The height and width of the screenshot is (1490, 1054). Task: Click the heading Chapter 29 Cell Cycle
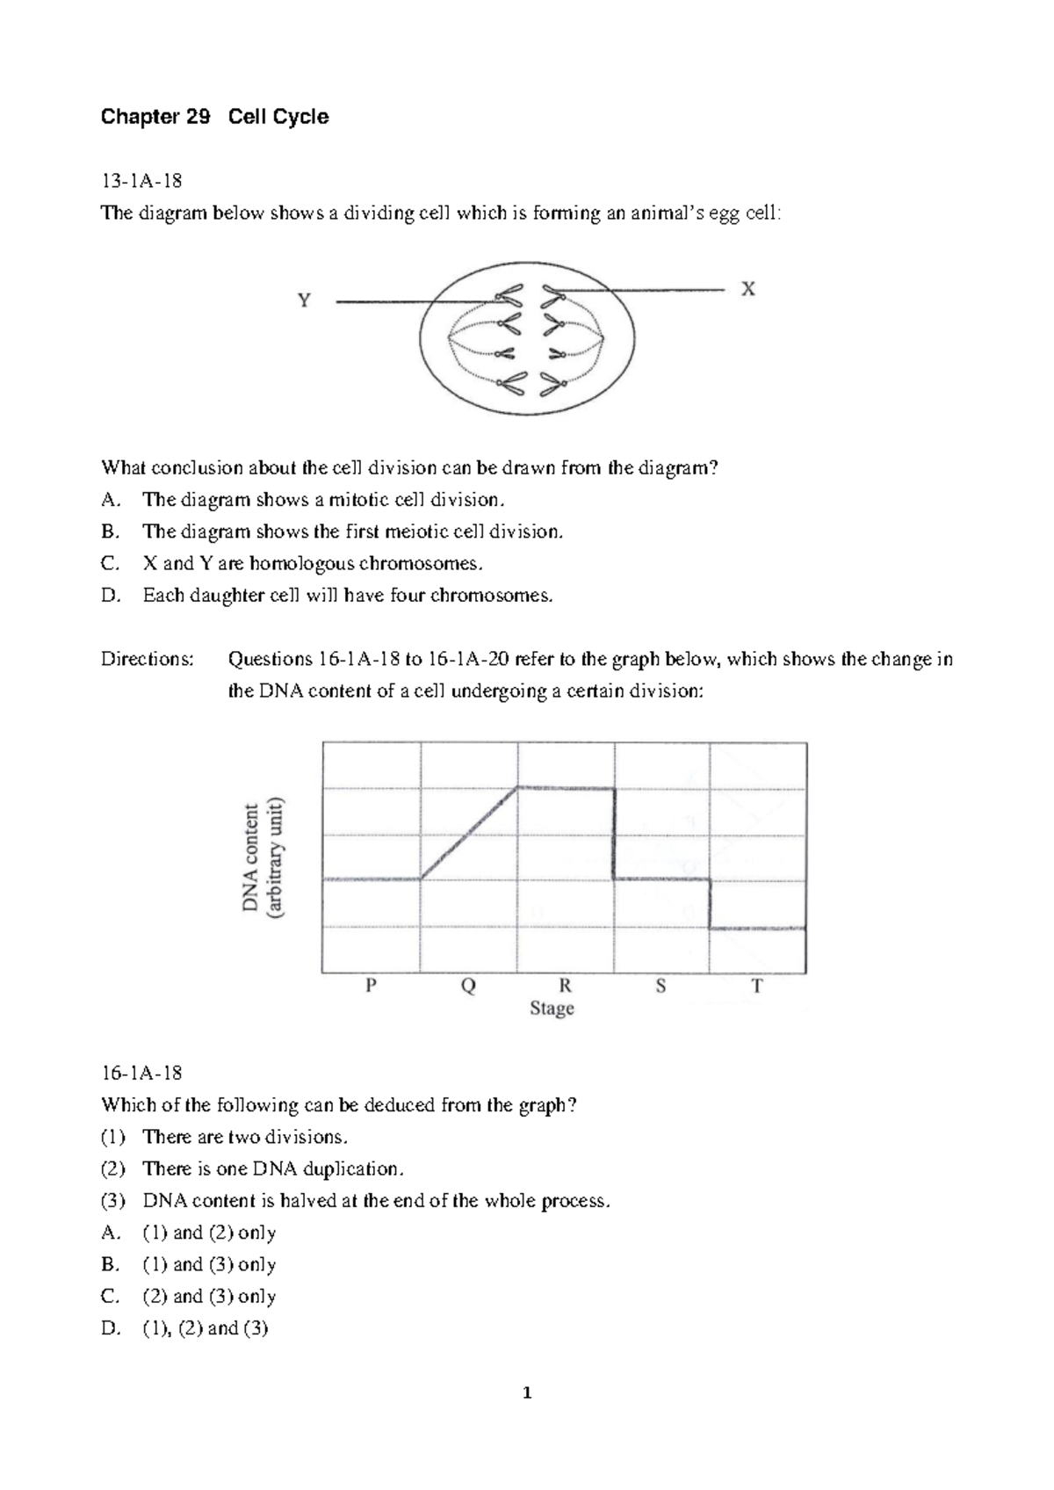point(215,117)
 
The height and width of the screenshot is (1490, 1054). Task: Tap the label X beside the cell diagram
point(747,288)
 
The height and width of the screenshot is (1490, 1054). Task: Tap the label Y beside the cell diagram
point(304,301)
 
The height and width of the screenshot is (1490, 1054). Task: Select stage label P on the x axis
point(371,986)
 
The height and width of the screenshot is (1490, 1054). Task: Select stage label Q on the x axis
point(468,986)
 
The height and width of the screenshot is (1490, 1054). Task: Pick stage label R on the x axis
point(565,986)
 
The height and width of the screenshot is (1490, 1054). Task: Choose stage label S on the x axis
point(661,986)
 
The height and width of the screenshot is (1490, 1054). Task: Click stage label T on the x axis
point(757,986)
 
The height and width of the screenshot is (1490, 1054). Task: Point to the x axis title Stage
point(552,1009)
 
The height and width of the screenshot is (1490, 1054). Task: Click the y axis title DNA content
point(251,857)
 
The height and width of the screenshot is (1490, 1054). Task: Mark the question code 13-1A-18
point(142,181)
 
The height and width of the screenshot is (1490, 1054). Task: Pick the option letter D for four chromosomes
point(110,596)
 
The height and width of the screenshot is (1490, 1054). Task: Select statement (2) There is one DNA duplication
point(273,1168)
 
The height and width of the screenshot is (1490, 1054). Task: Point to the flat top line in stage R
point(565,788)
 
